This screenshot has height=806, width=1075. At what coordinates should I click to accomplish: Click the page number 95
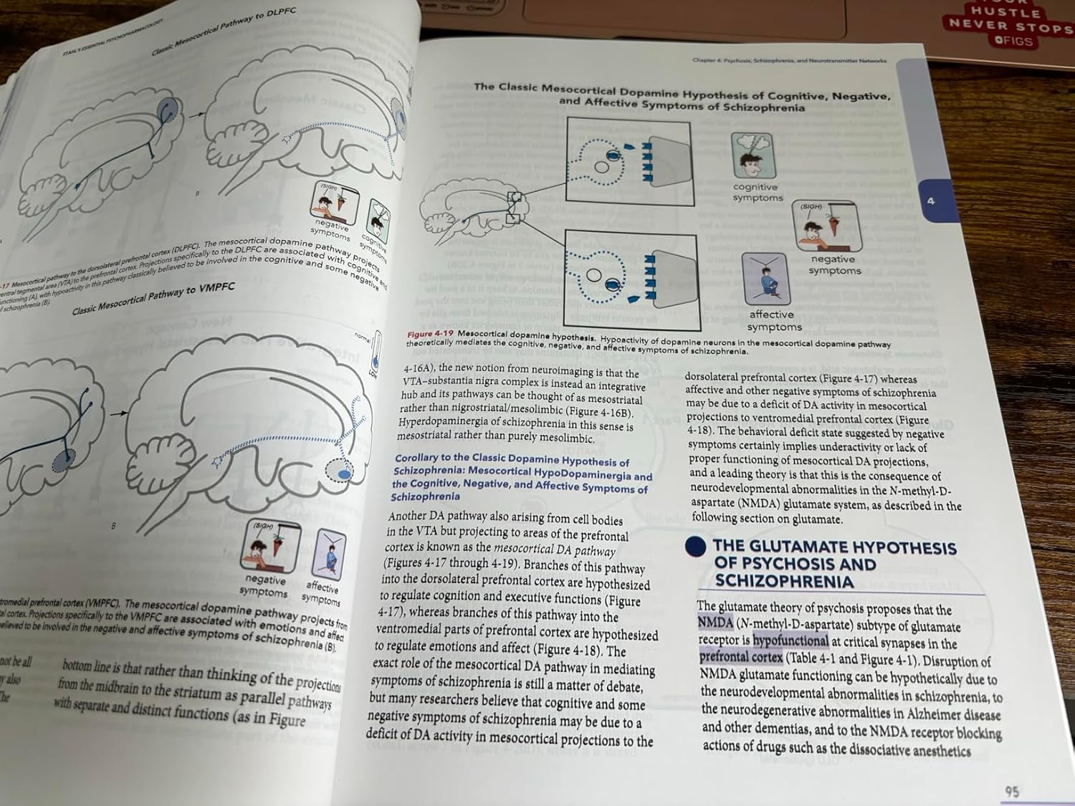(1012, 791)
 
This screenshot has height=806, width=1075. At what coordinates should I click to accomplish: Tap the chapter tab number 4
(930, 201)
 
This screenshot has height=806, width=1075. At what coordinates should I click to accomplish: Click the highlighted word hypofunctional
(790, 641)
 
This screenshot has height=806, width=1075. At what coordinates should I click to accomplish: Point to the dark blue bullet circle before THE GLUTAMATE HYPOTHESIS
(696, 547)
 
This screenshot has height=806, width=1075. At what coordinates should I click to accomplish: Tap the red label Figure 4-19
(430, 334)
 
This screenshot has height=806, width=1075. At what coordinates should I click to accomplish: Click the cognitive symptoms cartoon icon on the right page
(754, 155)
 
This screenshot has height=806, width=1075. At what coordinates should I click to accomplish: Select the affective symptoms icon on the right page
(765, 278)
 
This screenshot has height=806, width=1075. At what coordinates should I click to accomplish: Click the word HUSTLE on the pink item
(1005, 11)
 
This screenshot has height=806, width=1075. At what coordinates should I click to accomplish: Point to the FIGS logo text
(1014, 41)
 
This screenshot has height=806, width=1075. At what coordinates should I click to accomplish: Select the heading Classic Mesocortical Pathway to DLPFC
(223, 32)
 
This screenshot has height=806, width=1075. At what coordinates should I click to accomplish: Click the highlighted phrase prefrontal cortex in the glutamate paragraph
(741, 656)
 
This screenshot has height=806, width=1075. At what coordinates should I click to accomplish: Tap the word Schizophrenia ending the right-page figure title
(763, 107)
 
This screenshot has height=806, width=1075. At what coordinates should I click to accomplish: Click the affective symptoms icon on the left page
(329, 556)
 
